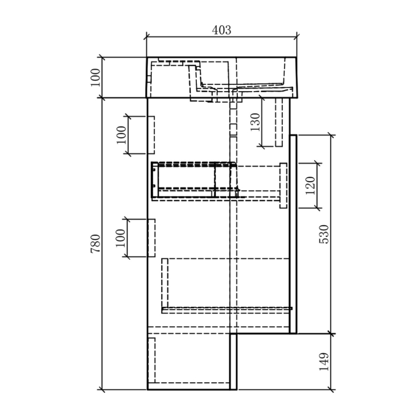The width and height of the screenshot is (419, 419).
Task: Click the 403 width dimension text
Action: [221, 30]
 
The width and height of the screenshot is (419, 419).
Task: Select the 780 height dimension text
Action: [95, 244]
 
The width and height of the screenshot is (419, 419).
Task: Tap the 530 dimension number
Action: [324, 234]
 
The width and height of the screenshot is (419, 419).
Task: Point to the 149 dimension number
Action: [324, 362]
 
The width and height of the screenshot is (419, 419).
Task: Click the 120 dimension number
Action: [310, 185]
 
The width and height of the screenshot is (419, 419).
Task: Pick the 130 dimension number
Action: [255, 122]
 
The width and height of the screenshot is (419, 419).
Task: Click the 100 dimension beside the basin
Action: [95, 78]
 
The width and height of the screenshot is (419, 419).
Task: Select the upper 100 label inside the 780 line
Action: [122, 135]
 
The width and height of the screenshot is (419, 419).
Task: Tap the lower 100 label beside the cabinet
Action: [120, 238]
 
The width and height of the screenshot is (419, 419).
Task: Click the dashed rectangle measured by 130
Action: [279, 122]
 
